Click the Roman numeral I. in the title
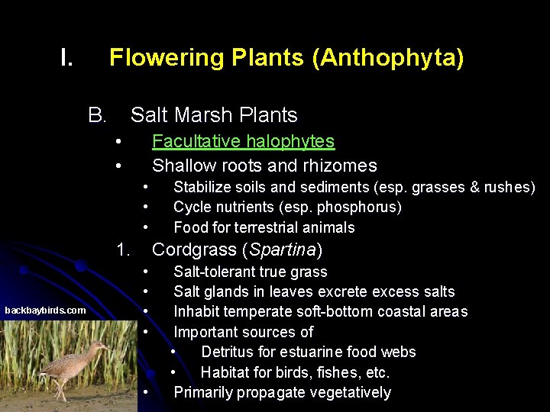(66, 58)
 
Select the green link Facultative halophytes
(243, 141)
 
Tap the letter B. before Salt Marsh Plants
(97, 115)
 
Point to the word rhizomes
(344, 166)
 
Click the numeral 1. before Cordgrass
(123, 249)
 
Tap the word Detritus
(228, 352)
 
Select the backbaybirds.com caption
(45, 310)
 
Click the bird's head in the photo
(100, 347)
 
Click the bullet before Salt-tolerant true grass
(145, 272)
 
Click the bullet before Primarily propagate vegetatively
(145, 392)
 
